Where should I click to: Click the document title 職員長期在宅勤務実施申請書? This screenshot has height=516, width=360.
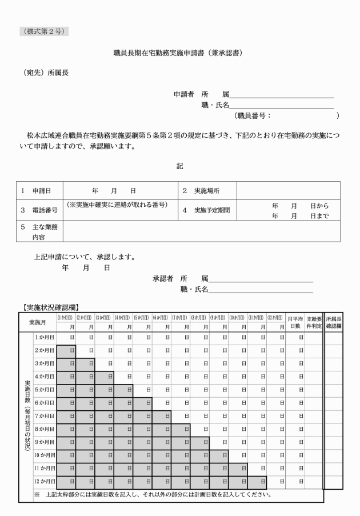(x=179, y=53)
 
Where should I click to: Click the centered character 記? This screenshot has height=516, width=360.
(x=179, y=166)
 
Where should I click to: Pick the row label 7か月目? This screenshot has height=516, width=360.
(x=45, y=416)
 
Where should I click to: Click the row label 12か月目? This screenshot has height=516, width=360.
(x=45, y=482)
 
